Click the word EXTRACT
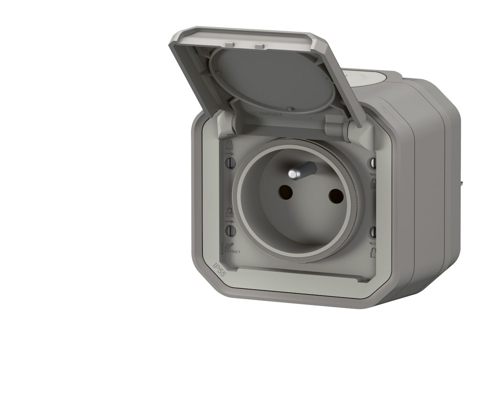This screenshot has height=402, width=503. (232, 251)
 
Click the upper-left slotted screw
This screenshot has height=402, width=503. (229, 161)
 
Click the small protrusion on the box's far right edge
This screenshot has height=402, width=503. (461, 183)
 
